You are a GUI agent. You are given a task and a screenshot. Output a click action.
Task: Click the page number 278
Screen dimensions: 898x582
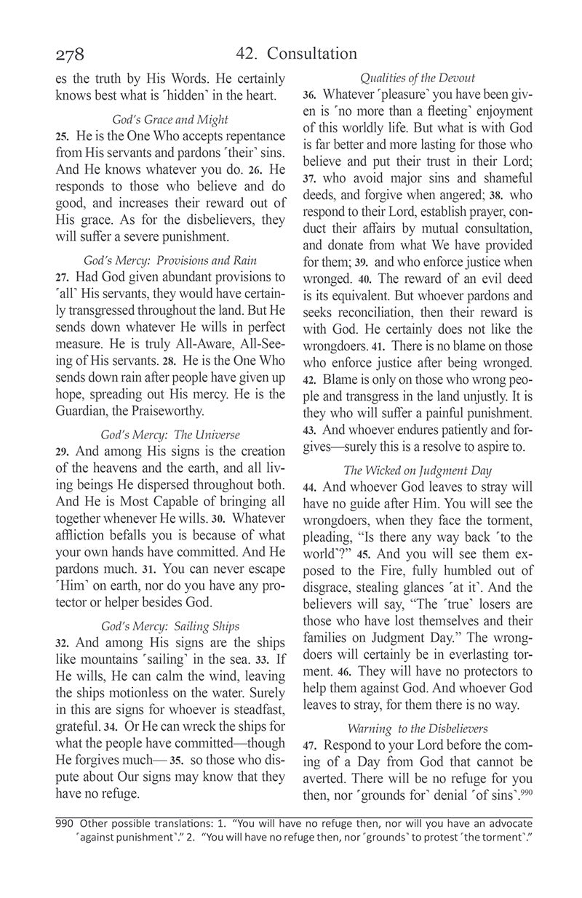coord(70,55)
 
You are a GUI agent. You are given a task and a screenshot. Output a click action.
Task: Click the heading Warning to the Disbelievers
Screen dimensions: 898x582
coord(417,728)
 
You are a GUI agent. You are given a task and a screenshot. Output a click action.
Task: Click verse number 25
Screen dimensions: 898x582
coord(62,137)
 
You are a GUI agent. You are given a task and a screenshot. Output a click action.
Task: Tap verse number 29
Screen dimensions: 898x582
coord(62,452)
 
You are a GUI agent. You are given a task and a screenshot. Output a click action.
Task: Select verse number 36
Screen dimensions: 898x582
coord(308,95)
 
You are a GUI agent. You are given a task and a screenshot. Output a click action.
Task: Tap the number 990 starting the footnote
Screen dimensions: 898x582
coord(65,824)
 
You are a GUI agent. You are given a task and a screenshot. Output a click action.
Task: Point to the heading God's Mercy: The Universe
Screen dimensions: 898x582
coord(170,435)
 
